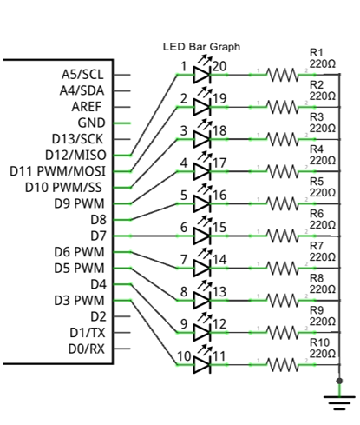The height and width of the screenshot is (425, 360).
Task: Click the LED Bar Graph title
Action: tap(201, 47)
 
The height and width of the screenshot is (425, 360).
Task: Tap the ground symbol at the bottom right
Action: tap(339, 402)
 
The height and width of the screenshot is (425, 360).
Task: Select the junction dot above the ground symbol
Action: tap(340, 381)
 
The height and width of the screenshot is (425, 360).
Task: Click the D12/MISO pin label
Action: tap(75, 156)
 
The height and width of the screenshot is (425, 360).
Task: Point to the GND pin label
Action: tap(91, 123)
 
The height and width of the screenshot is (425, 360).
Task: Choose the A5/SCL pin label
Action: tap(82, 75)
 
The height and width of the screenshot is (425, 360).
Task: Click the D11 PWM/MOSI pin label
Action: tap(57, 171)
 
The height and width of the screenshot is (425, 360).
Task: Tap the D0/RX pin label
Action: tap(87, 349)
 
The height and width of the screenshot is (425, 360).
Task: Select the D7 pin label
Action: tap(98, 236)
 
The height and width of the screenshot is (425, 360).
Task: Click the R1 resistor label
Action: tap(316, 53)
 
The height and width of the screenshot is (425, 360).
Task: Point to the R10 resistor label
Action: tap(319, 342)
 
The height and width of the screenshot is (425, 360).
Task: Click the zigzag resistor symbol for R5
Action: tap(283, 203)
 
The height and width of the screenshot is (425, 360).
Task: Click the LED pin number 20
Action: tap(219, 67)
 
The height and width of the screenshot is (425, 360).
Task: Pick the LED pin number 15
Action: tap(219, 228)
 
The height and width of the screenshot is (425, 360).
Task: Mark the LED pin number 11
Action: tap(219, 356)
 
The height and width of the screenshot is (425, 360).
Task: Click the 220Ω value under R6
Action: tap(323, 225)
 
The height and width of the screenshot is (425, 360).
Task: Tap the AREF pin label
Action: tap(87, 107)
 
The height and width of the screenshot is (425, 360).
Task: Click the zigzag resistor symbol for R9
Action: tap(283, 333)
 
